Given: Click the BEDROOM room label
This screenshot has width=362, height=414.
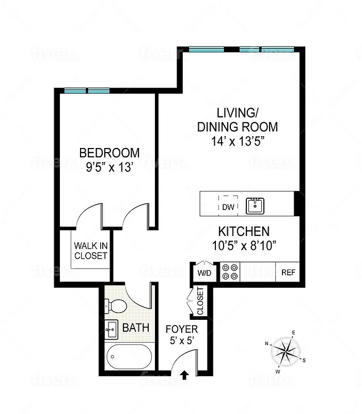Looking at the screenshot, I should (x=109, y=153).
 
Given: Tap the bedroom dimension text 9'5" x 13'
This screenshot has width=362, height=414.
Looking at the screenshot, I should (x=109, y=168).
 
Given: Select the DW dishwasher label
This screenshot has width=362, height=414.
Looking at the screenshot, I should (x=228, y=208).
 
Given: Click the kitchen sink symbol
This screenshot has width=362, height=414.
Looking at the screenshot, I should (x=255, y=205).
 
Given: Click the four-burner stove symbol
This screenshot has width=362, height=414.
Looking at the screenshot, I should (x=230, y=272).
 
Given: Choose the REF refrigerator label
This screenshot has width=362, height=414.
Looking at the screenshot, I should (x=288, y=273).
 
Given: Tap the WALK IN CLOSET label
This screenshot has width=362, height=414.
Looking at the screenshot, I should (x=90, y=250).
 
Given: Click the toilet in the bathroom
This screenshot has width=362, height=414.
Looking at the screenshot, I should (x=117, y=306).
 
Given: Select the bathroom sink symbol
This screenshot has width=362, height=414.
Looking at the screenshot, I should (x=112, y=328).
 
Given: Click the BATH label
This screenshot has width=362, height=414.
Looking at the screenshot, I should (x=136, y=328).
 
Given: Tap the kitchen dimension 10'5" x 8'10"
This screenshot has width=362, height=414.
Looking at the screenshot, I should (x=244, y=245).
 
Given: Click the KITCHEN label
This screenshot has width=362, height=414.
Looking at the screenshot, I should (x=244, y=231).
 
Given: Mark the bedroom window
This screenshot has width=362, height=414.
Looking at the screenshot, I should (x=87, y=91).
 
